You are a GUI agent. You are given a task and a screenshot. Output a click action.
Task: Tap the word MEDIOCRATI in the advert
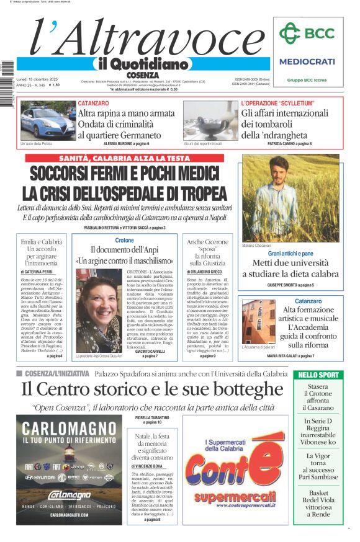[307, 61]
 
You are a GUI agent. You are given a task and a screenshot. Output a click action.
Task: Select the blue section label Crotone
[124, 240]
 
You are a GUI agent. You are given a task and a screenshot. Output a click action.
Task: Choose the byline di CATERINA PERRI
[37, 272]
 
